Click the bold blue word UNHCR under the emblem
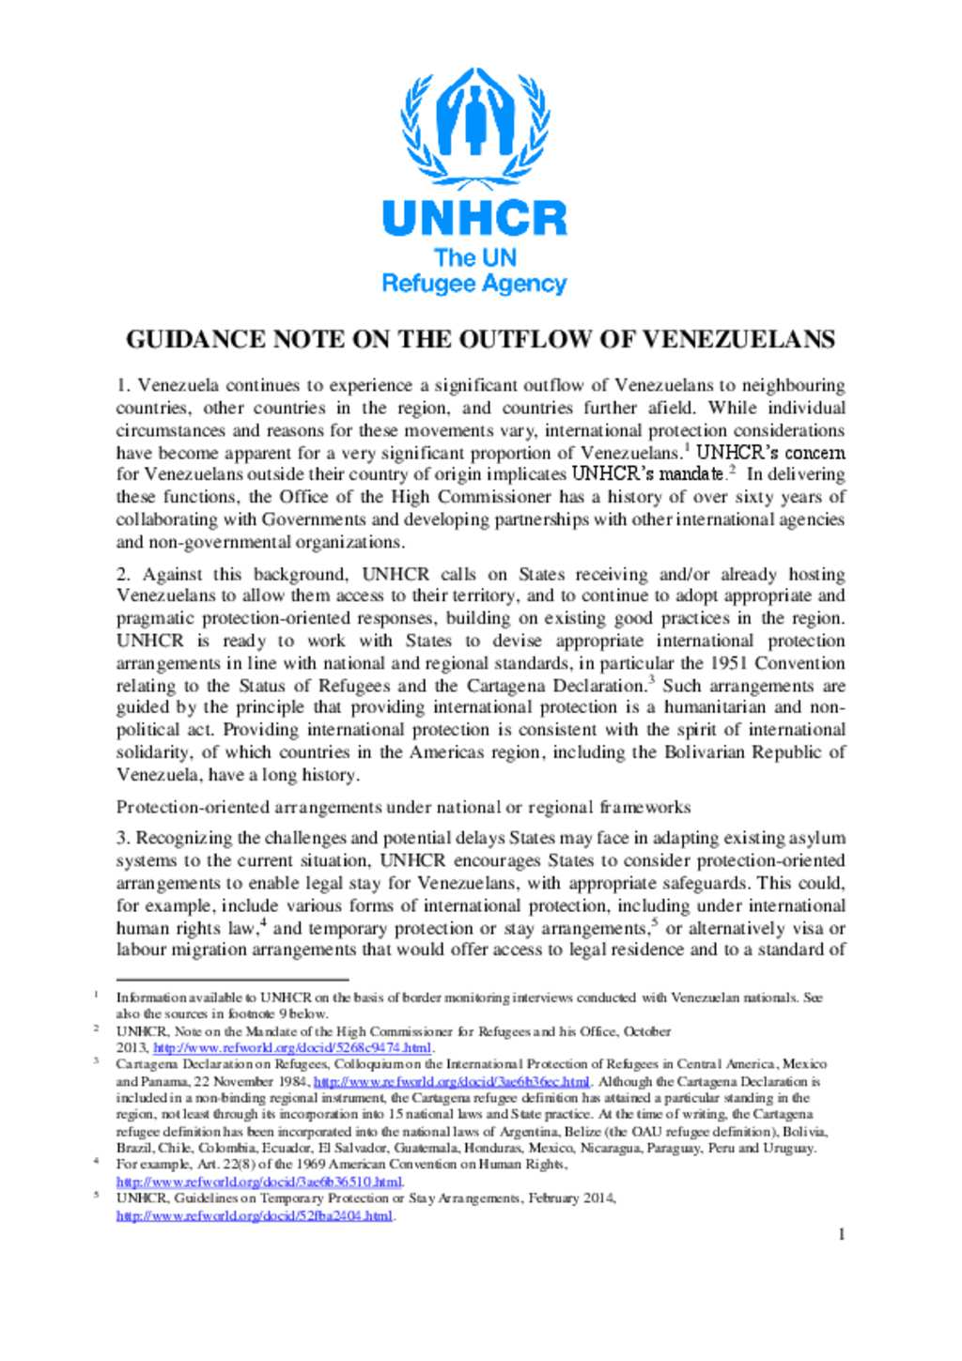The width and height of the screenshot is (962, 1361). point(474,218)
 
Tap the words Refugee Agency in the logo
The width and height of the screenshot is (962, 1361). point(474,284)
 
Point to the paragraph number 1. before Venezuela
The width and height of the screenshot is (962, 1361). point(123,385)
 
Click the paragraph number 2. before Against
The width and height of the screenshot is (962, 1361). point(124,574)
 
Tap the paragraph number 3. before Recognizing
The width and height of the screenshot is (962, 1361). point(123,838)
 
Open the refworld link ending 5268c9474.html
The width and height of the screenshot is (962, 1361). point(292,1048)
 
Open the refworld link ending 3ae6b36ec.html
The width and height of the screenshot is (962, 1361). point(451,1082)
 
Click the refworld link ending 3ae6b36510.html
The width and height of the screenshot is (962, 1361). point(259,1182)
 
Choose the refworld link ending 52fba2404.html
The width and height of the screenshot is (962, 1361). point(255,1215)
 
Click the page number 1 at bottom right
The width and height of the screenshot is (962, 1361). point(841,1234)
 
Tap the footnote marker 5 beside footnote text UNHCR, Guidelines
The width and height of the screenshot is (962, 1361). point(96,1196)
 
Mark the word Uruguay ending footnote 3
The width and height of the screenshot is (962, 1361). point(792,1148)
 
